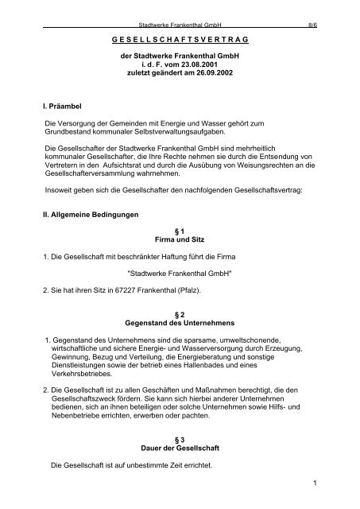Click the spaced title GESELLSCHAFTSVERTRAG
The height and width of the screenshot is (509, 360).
(179, 38)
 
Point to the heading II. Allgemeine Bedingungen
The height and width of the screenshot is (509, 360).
(73, 215)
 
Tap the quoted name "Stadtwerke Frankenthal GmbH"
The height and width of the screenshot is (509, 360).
(179, 274)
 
